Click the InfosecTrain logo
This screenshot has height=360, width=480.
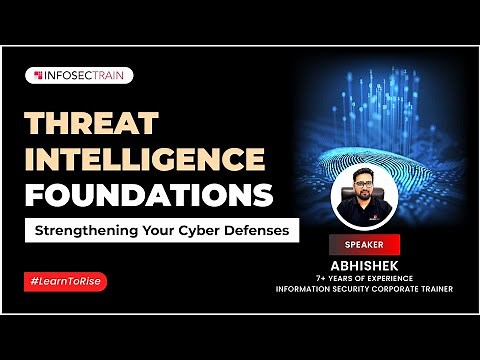click(79, 75)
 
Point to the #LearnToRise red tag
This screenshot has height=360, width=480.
click(65, 281)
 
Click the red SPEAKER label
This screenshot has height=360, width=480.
click(363, 242)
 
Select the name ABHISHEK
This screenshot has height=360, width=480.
click(364, 264)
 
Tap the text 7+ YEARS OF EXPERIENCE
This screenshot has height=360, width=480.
click(364, 277)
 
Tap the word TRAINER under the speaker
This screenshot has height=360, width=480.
click(431, 290)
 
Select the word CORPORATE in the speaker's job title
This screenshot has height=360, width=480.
click(390, 290)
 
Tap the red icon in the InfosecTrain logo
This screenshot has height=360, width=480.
click(38, 75)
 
